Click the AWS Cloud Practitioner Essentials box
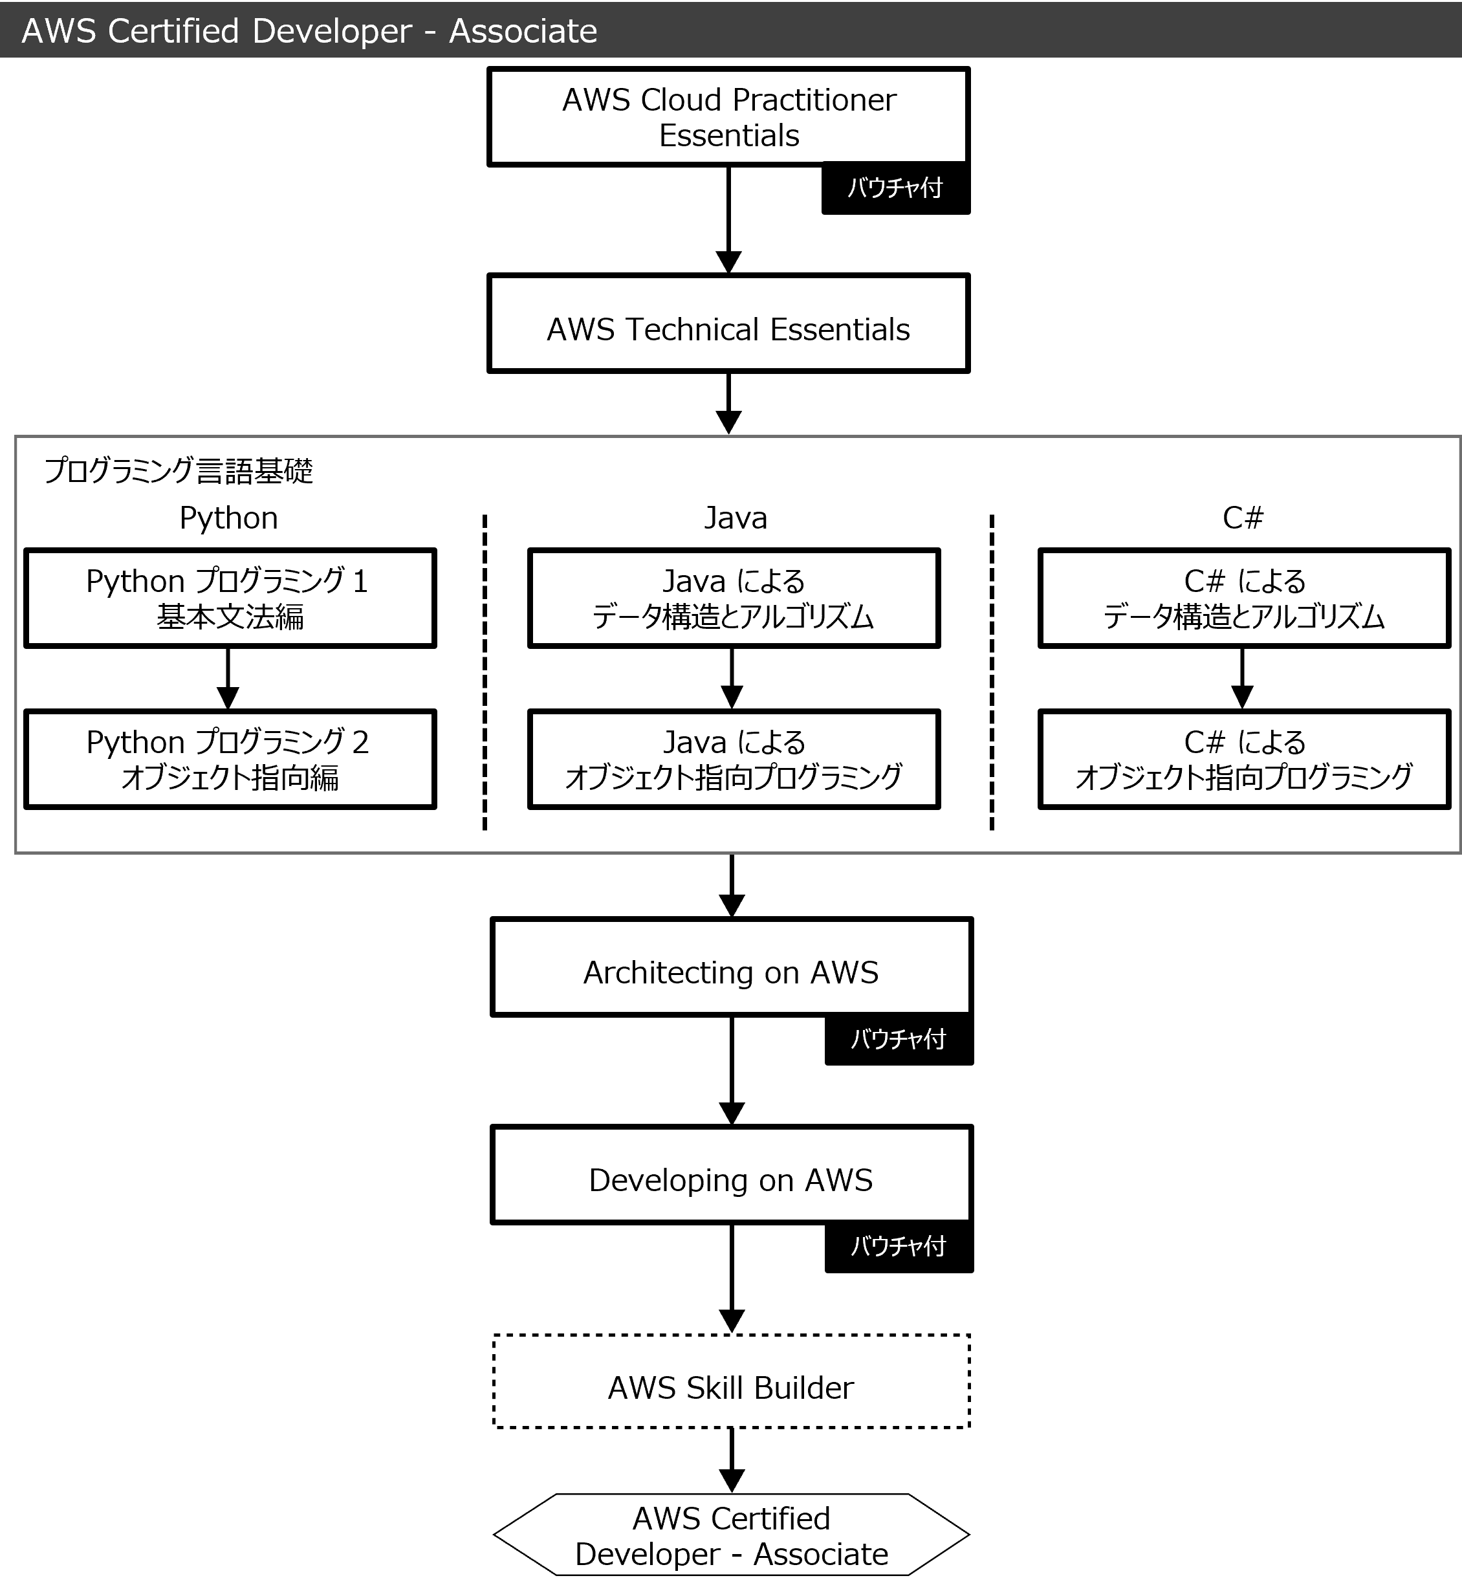728,116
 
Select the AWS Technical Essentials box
728,323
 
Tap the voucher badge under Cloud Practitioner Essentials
895,188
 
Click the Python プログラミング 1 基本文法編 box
230,598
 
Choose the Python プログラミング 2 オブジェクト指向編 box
230,759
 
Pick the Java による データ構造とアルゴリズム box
734,598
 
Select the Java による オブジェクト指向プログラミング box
734,759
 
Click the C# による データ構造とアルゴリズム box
1243,598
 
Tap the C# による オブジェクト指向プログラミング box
1243,759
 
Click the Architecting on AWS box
731,967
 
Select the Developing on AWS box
731,1174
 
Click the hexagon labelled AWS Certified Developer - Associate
731,1535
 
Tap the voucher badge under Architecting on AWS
899,1039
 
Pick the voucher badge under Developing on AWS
899,1246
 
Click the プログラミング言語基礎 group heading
179,471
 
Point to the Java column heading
736,518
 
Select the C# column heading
1243,518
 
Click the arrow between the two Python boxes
228,679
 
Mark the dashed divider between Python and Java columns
485,673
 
